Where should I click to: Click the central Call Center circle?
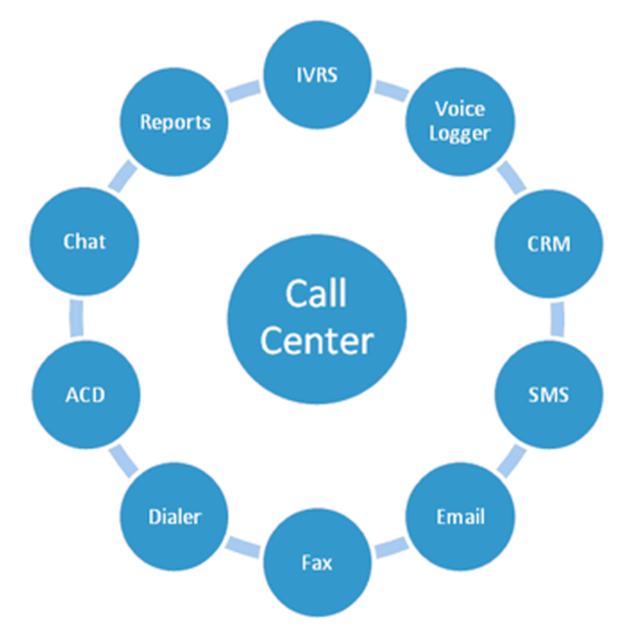(317, 317)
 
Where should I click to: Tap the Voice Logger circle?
(460, 122)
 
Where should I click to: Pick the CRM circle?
(549, 245)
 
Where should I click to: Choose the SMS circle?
(549, 393)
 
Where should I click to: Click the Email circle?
(460, 518)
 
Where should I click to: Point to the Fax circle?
(317, 563)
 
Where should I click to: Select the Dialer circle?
(175, 518)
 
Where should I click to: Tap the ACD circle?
(85, 394)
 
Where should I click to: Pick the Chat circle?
(85, 242)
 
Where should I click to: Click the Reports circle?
(175, 123)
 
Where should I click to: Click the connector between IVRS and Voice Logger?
(388, 89)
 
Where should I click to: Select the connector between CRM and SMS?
(557, 319)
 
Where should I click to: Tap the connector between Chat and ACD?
(77, 317)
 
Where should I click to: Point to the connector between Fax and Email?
(390, 547)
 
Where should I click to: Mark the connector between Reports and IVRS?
(245, 90)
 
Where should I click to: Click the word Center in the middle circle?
(317, 340)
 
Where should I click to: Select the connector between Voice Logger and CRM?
(513, 176)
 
